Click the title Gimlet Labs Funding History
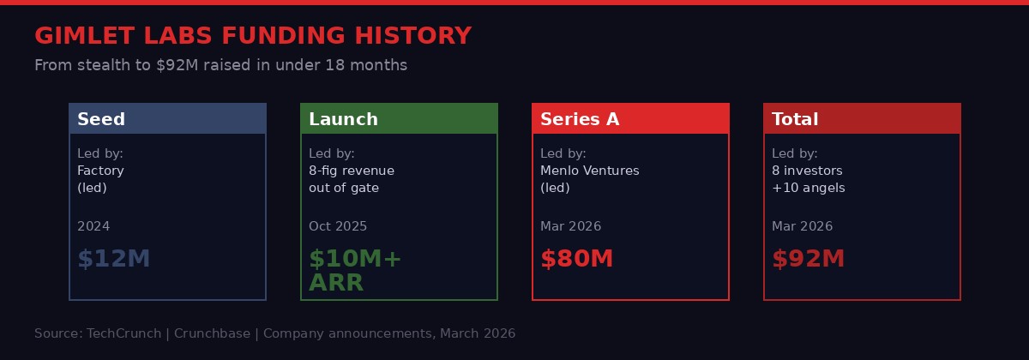click(x=253, y=36)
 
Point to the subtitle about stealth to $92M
click(x=220, y=65)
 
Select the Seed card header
click(x=167, y=119)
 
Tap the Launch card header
click(x=399, y=119)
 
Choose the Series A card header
click(x=630, y=119)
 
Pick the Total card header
click(x=862, y=119)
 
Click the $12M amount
click(x=113, y=259)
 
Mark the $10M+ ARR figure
click(x=354, y=270)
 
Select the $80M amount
click(x=576, y=259)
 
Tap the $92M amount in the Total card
click(x=808, y=259)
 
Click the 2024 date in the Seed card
click(x=93, y=226)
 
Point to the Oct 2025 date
click(x=338, y=226)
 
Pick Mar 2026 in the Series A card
click(x=570, y=226)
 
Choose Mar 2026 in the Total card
click(x=802, y=226)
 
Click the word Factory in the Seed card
click(x=100, y=171)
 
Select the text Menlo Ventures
click(x=589, y=171)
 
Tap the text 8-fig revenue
click(x=352, y=171)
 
